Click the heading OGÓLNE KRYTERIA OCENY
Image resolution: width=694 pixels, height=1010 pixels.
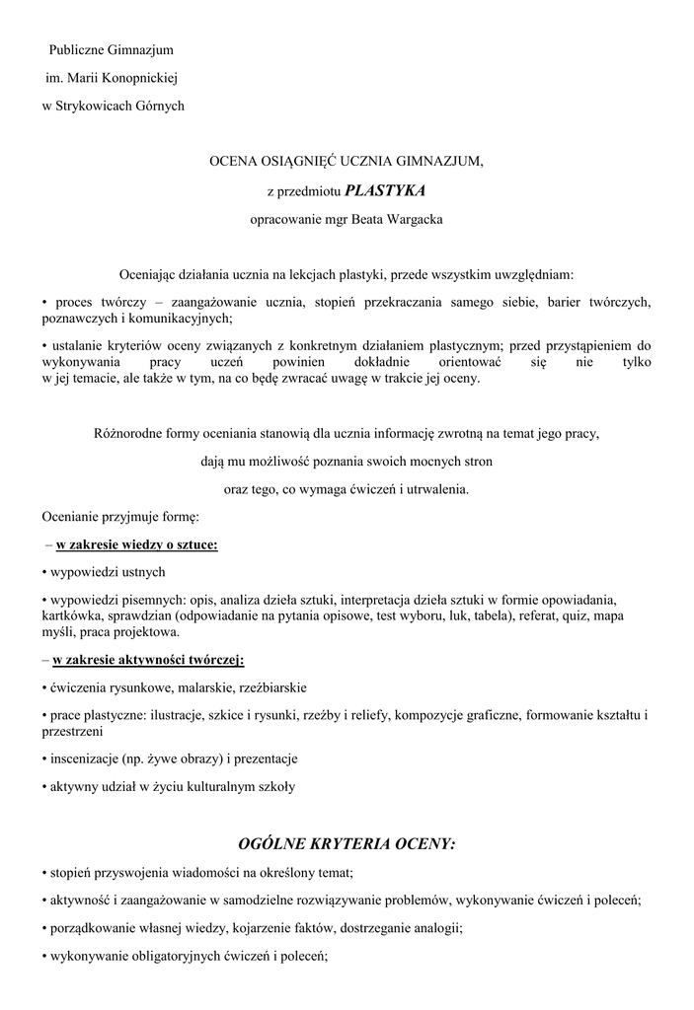coord(347,844)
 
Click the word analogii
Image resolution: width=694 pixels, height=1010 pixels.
coord(437,928)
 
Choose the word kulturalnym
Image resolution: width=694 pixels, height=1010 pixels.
coord(207,787)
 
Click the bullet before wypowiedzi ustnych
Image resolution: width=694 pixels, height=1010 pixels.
coord(44,572)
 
